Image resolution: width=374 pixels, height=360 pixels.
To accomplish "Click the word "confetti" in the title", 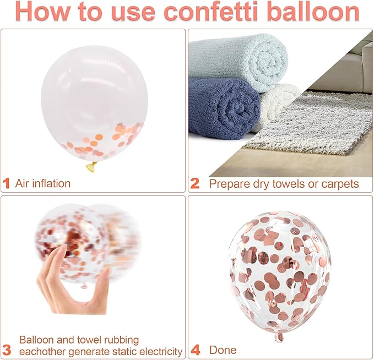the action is (211, 12).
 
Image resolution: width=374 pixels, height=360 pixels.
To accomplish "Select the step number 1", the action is (6, 183).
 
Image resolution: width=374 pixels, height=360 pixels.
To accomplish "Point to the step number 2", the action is (195, 183).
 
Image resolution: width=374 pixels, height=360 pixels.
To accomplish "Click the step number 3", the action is (7, 350).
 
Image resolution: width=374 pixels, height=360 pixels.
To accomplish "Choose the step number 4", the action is (196, 350).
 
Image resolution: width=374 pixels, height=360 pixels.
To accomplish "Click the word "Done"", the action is (223, 350).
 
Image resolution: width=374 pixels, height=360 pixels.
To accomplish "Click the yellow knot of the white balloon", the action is (91, 167).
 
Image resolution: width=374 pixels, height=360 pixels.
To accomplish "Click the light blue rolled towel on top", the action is (239, 61).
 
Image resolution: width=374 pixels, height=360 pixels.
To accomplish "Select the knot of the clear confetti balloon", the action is (279, 337).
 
